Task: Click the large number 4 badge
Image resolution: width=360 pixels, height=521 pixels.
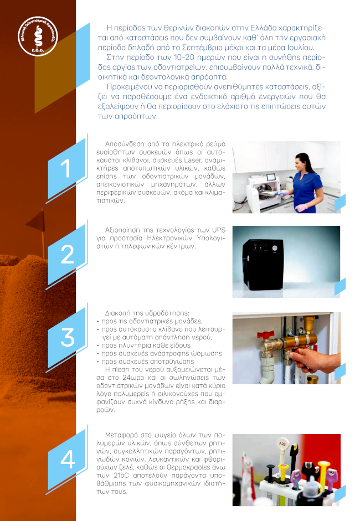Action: click(x=67, y=459)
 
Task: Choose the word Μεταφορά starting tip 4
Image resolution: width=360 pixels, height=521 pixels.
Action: click(x=122, y=435)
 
